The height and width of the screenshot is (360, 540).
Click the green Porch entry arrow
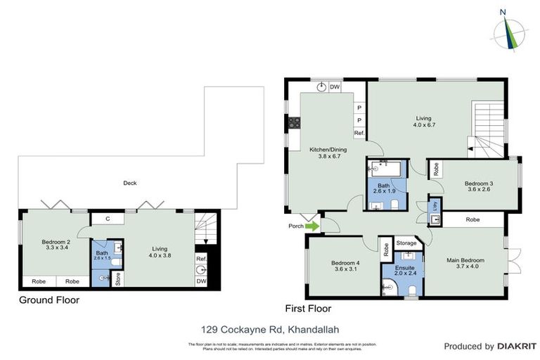311,226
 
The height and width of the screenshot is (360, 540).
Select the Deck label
129,183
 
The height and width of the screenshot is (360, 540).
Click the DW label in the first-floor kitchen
335,87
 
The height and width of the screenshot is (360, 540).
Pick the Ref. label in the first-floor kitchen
359,133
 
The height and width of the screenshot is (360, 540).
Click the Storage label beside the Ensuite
406,243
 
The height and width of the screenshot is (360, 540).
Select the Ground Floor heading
49,300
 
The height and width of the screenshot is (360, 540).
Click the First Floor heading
307,308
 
